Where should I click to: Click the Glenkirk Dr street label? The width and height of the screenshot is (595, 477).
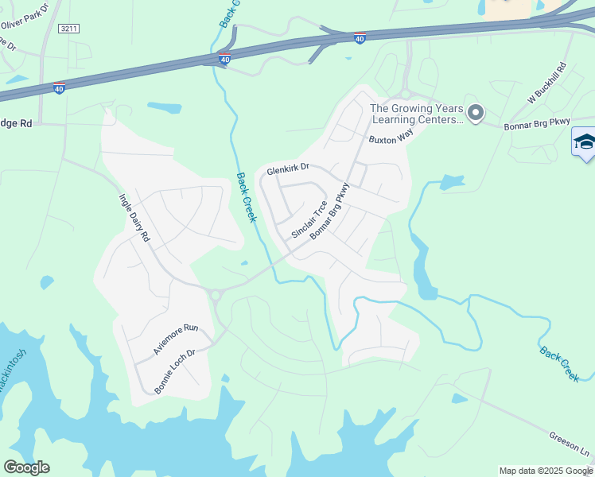[287, 169]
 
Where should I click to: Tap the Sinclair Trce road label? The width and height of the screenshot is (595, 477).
[309, 219]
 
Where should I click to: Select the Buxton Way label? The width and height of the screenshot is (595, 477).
[391, 137]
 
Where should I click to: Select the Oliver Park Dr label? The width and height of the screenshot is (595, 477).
[25, 15]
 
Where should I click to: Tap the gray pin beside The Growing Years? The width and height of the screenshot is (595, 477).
[475, 113]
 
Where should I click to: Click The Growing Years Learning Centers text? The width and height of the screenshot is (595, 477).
[416, 114]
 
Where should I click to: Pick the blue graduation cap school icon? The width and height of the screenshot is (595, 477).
[584, 142]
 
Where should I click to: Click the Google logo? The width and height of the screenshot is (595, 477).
[26, 467]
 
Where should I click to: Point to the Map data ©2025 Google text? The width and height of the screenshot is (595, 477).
[546, 471]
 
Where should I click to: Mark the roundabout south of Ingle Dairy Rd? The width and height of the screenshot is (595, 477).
[215, 295]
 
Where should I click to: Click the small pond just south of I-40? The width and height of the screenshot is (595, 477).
[164, 107]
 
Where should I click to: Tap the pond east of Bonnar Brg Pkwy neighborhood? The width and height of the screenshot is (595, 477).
[452, 182]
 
